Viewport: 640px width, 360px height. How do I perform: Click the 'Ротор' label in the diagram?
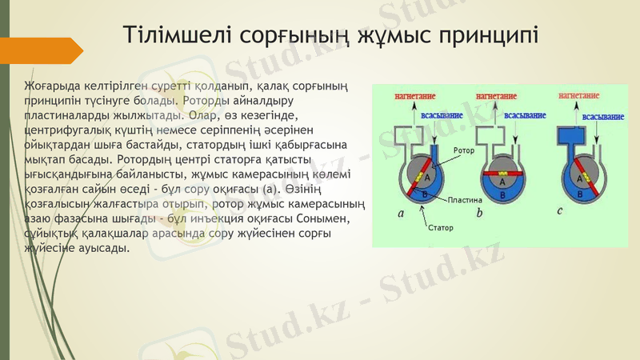point(464,150)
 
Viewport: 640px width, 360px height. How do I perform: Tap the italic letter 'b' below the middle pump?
point(479,213)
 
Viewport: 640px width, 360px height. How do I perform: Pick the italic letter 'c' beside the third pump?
point(560,211)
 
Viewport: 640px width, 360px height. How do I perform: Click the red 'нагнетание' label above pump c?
point(579,96)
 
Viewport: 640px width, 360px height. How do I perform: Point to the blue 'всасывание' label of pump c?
point(602,117)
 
